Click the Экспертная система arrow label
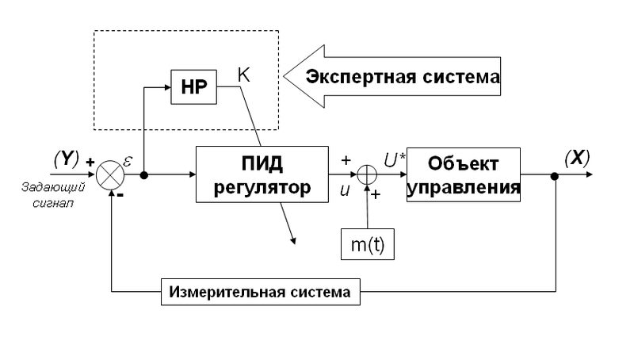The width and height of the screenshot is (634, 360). [x=403, y=77]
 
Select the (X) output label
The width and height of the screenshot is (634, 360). [x=576, y=157]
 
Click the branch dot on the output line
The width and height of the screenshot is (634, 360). [x=555, y=175]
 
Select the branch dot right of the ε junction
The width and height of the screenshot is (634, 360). [x=143, y=175]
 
